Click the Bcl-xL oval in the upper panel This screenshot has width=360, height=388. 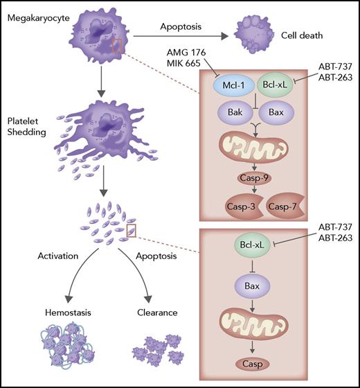pos(285,88)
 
